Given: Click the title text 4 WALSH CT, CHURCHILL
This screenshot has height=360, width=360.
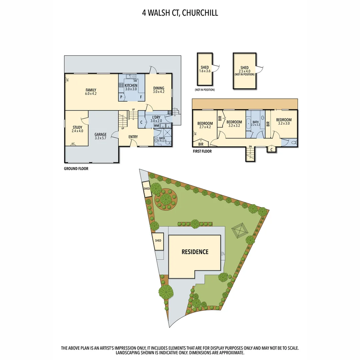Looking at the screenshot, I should (x=180, y=13).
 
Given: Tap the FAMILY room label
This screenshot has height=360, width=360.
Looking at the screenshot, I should (x=91, y=90).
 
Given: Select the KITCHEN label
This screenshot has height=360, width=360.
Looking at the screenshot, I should (x=131, y=86).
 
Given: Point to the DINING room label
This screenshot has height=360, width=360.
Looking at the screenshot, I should (x=159, y=88).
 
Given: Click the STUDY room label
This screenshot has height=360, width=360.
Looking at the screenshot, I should (x=77, y=127).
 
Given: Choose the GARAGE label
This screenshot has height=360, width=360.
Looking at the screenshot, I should (x=100, y=135).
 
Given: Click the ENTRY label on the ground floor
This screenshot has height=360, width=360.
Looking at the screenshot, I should (x=133, y=137).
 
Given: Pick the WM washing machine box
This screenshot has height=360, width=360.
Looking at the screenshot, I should (x=156, y=126).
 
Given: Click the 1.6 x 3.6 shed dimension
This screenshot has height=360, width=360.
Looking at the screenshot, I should (x=205, y=71).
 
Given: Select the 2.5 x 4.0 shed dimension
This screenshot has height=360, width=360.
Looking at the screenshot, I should (x=244, y=71).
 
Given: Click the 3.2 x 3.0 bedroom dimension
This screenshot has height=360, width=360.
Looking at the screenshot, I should (x=284, y=124).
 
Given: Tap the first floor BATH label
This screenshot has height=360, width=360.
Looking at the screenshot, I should (x=255, y=122).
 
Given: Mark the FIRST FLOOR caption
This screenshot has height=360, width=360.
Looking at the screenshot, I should (x=202, y=151).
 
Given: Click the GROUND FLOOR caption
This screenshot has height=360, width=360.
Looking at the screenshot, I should (x=76, y=169).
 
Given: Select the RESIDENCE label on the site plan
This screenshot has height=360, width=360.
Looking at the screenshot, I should (x=195, y=252).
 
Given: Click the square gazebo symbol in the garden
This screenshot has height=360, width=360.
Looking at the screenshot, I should (x=239, y=230).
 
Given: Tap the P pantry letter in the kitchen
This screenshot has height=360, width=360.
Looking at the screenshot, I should (x=122, y=97).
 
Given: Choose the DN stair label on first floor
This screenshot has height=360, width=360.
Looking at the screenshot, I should (x=250, y=146).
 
